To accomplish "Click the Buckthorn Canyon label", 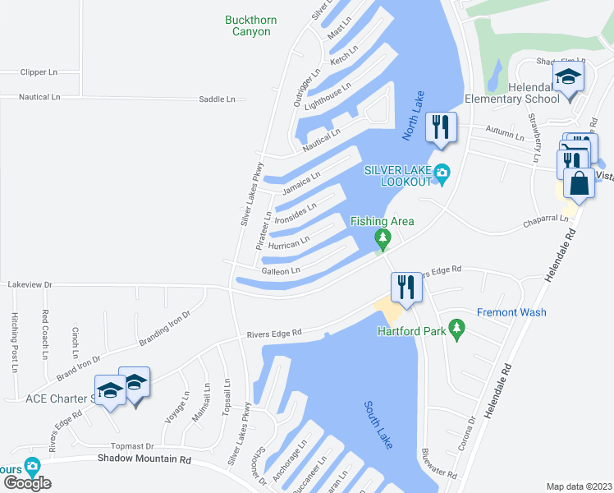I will tap(248, 25).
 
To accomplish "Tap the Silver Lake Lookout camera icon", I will tap(443, 173).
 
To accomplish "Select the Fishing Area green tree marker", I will tap(382, 238).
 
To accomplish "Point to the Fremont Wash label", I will tap(511, 312).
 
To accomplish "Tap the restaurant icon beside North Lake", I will tap(442, 127).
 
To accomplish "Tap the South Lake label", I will tap(378, 424).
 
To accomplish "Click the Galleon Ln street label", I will tap(281, 270).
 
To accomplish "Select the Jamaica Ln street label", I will tap(300, 183).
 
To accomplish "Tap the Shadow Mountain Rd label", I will tap(144, 458).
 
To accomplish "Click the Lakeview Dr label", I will tap(30, 284).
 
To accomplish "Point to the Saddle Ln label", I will tap(217, 99).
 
